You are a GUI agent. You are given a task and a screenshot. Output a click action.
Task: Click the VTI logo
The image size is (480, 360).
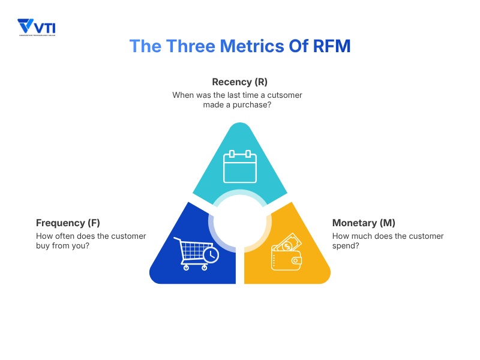coord(37,27)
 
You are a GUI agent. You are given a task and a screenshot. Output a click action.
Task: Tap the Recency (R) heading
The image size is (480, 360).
coord(239,82)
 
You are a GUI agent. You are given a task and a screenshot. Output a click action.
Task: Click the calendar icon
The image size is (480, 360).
coord(240,167)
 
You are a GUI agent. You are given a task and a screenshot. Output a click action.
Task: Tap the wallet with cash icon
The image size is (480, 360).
coord(287,252)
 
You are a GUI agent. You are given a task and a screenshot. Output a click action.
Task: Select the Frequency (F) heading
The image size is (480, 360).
coord(68,223)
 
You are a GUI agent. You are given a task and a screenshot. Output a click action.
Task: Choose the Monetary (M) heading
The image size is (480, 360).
coord(364,223)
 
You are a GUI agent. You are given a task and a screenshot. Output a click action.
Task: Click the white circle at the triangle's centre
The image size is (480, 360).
coord(240,223)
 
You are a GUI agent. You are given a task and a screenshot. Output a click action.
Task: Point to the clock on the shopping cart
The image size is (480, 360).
coord(211,255)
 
